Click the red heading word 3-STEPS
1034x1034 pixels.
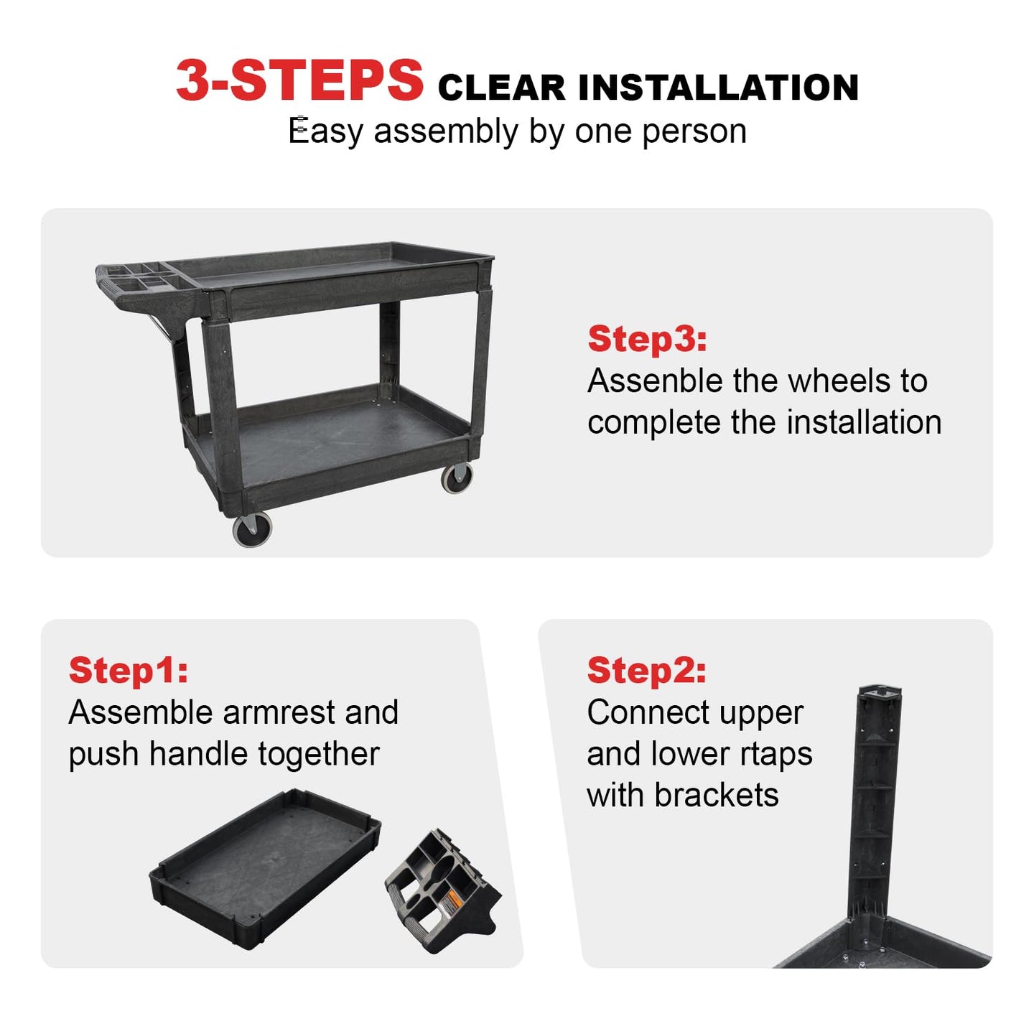click(299, 80)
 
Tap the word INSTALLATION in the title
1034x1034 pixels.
click(718, 88)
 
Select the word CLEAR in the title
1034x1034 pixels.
click(502, 88)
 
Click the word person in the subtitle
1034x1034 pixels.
click(694, 131)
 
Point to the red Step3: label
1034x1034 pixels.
click(647, 339)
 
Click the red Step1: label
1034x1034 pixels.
click(129, 670)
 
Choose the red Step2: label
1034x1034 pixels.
click(646, 670)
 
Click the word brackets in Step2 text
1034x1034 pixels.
click(717, 795)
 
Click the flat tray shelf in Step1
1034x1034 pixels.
click(265, 860)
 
